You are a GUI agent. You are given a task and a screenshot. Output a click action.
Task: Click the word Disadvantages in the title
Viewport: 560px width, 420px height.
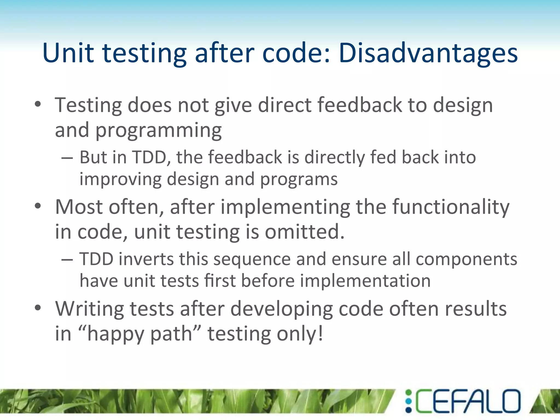428,53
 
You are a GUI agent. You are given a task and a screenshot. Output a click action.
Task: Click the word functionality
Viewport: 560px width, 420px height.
451,207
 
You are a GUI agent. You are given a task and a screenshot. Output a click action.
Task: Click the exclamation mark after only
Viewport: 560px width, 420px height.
320,333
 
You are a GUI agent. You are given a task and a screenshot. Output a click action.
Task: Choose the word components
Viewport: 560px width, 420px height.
466,259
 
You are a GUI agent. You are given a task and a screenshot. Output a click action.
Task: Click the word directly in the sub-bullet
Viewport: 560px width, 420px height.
334,158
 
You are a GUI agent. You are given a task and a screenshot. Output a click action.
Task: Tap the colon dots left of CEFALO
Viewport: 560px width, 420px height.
408,401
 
